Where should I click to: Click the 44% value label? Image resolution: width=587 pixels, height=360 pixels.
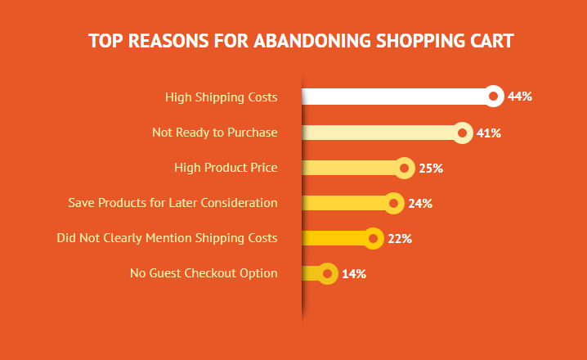[x=520, y=97]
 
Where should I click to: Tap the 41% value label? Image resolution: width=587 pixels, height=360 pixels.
[x=489, y=133]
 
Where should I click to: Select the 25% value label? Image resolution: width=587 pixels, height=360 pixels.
[x=431, y=169]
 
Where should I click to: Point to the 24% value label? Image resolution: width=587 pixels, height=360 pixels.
[x=420, y=204]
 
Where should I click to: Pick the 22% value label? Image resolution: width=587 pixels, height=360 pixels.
[x=400, y=239]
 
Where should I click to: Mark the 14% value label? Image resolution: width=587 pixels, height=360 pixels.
[x=354, y=274]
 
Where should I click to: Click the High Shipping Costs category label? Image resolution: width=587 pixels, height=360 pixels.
[x=222, y=97]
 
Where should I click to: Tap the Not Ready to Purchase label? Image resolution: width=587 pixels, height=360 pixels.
[x=215, y=133]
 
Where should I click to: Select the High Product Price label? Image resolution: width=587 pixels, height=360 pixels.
[x=226, y=168]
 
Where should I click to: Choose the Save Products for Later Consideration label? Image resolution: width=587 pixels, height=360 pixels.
[x=173, y=203]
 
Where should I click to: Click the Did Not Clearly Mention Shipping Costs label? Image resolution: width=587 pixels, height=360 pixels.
[x=167, y=238]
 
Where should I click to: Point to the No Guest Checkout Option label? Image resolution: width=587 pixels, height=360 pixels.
[x=204, y=273]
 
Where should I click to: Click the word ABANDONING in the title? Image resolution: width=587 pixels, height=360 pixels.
[x=312, y=41]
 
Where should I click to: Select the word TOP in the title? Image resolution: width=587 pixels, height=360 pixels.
[x=105, y=41]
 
